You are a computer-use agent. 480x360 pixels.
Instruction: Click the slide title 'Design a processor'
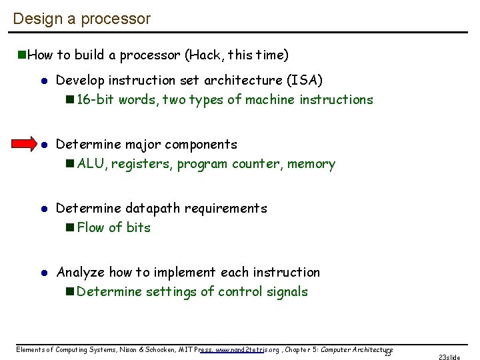point(81,19)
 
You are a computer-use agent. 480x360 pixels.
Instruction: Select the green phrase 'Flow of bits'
point(113,228)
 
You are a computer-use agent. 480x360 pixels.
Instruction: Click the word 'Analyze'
point(81,272)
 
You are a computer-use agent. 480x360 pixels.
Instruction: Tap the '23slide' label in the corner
point(449,357)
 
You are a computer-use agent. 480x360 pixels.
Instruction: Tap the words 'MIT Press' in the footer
point(193,349)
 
